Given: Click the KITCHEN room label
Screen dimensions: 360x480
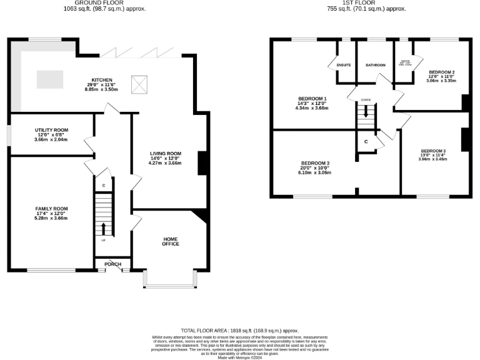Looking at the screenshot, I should click(102, 80).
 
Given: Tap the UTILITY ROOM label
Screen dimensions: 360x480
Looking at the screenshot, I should click(51, 129).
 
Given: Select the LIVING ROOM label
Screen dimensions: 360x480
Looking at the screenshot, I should click(165, 153).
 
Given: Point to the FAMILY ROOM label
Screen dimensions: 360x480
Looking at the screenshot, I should click(51, 209).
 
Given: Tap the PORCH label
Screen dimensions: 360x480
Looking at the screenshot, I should click(112, 264).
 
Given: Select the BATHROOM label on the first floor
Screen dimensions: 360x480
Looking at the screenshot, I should click(376, 65).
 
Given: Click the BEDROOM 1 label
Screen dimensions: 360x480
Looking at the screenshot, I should click(312, 99).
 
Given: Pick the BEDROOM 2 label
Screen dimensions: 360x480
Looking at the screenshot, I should click(440, 72).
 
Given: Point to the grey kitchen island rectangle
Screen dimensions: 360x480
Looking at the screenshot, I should click(50, 79).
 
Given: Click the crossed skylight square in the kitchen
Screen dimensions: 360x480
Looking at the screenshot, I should click(138, 81).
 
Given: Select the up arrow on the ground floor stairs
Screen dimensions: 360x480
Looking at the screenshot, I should click(104, 226).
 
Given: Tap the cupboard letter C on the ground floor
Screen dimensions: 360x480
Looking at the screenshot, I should click(104, 186).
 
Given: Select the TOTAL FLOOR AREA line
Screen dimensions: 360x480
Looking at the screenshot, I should click(239, 330).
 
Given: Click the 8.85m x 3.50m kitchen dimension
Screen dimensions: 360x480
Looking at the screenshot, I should click(102, 90).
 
